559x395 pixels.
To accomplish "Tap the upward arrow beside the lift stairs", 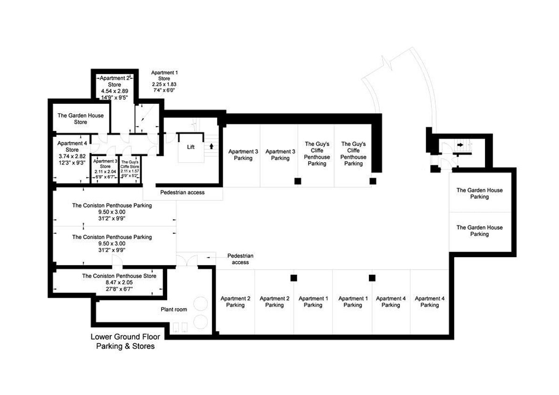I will [212, 146].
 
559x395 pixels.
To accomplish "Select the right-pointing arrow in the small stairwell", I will [460, 145].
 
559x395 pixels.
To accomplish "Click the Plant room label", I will [174, 310].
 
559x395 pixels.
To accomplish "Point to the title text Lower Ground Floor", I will [125, 337].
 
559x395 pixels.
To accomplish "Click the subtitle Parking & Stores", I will [125, 346].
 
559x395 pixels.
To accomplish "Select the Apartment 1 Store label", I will [164, 76].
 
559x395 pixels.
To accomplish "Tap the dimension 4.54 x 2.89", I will [114, 91].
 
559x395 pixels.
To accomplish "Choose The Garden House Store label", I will [81, 119].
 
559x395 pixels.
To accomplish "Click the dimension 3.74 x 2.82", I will [72, 157].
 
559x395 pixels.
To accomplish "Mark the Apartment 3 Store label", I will [105, 163].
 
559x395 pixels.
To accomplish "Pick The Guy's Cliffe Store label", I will [130, 164].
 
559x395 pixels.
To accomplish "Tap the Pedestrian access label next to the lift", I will [182, 192].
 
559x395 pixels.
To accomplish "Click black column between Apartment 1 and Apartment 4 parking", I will [372, 278].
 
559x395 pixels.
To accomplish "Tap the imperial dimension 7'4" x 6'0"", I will [164, 90].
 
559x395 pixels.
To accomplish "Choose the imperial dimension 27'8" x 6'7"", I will [119, 289].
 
